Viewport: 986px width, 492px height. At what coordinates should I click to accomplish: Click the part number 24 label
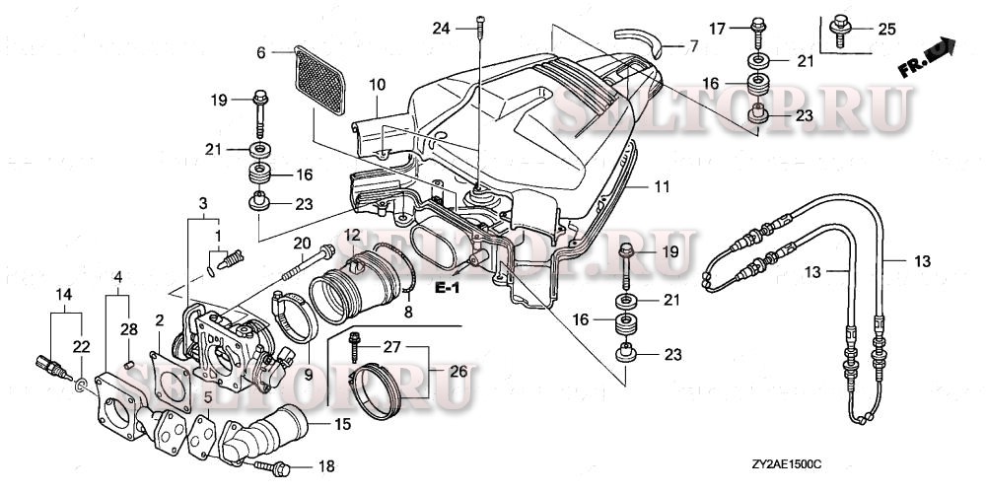[439, 29]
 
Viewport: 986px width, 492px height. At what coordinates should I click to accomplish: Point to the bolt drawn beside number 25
[840, 27]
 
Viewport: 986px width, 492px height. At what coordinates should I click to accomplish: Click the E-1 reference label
[448, 288]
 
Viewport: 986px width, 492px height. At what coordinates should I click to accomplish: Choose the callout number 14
[63, 294]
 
